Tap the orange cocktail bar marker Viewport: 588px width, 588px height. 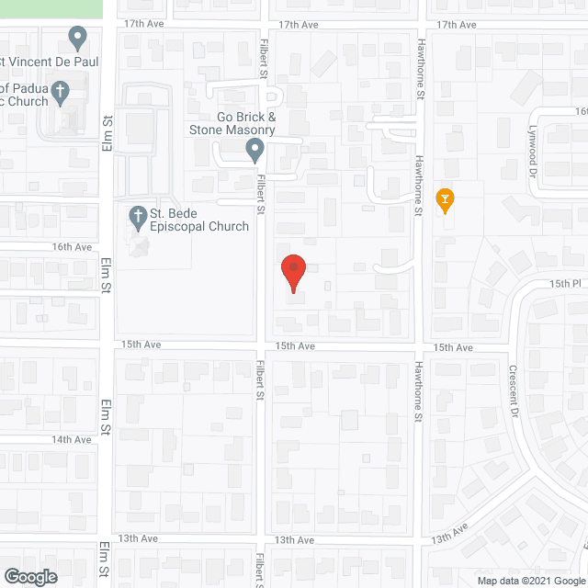[x=446, y=198]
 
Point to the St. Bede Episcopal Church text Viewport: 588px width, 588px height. [x=201, y=220]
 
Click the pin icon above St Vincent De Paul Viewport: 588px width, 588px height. [x=77, y=39]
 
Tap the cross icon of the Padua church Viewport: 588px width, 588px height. [x=61, y=92]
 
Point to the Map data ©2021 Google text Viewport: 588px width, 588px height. [x=529, y=580]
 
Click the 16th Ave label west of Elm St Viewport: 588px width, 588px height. [x=72, y=247]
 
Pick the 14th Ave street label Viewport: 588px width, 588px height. [x=72, y=440]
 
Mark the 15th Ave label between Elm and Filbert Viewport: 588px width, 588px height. [x=141, y=345]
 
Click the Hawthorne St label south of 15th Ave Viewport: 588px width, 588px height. [x=417, y=403]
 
